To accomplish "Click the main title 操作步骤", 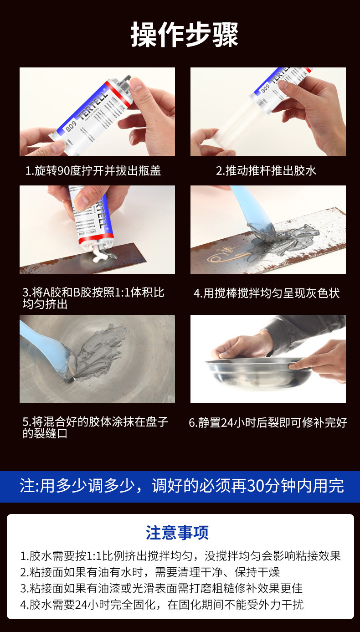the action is click(184, 35).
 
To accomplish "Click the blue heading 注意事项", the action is click(177, 533).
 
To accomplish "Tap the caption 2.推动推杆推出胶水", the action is click(266, 171).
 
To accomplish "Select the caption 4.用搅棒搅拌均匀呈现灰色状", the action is click(267, 293).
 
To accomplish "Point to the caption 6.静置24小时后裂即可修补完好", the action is click(268, 422).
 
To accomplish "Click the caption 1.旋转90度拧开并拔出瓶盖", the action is click(93, 171).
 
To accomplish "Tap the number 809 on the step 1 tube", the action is click(71, 126).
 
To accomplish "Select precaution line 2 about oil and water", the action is click(150, 572).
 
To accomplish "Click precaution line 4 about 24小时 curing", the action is click(162, 605).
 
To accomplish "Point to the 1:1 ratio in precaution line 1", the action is click(94, 556).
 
